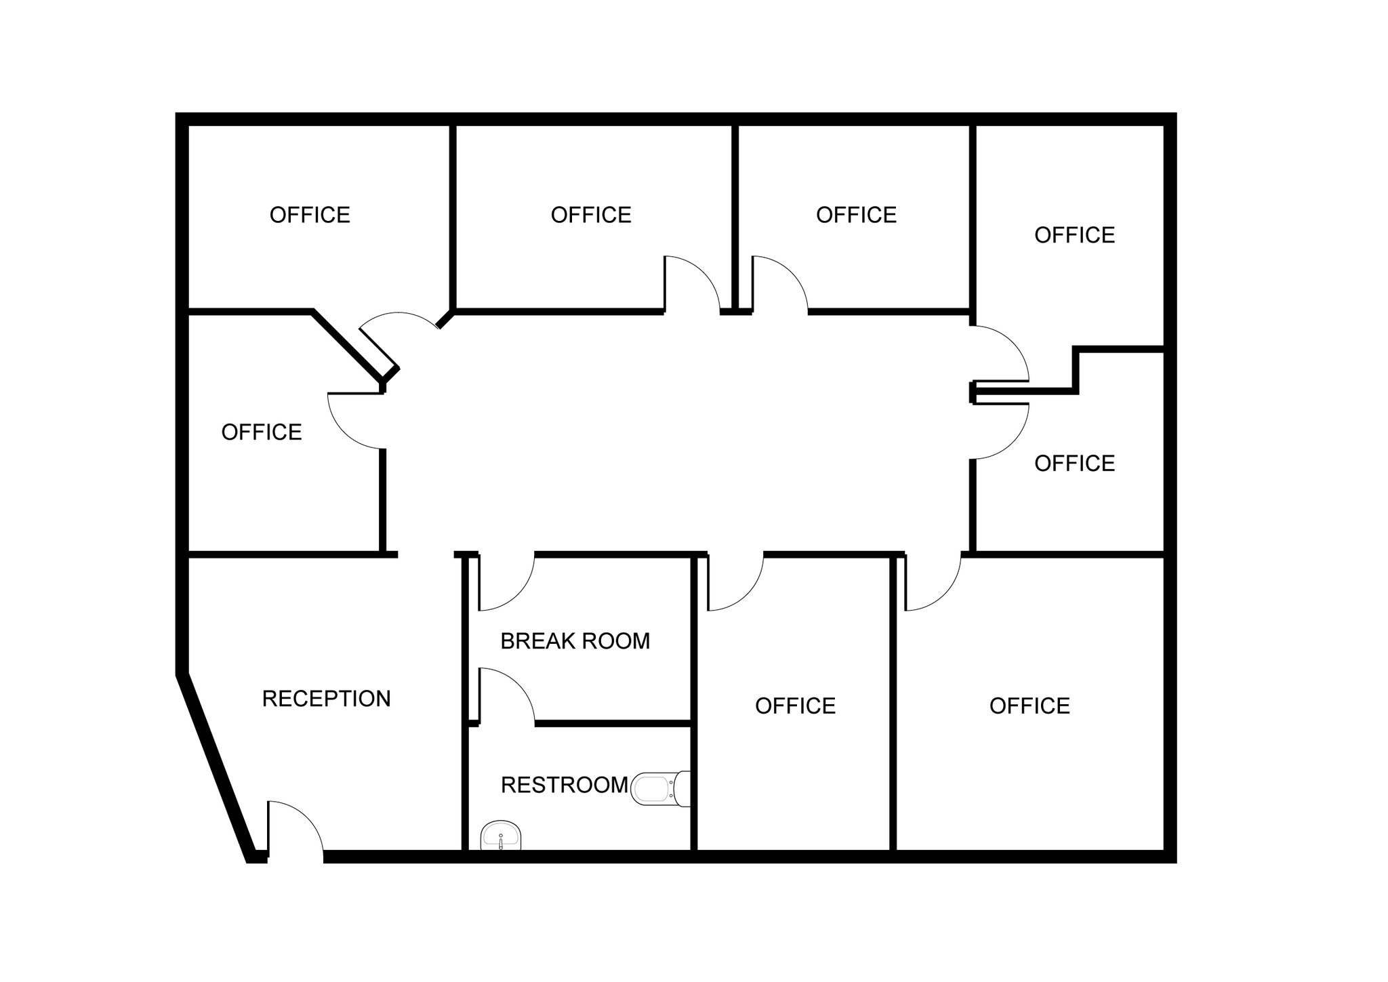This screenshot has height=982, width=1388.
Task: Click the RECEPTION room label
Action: click(x=326, y=698)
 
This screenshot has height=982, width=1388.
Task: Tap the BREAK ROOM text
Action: click(x=575, y=640)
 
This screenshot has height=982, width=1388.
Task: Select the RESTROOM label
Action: click(x=565, y=785)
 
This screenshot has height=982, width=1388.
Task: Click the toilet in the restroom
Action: click(x=661, y=789)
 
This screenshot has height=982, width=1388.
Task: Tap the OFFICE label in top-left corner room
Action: click(x=310, y=215)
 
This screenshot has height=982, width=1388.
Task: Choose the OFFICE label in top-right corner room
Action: click(x=1074, y=235)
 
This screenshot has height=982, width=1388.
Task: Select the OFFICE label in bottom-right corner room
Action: click(x=1029, y=706)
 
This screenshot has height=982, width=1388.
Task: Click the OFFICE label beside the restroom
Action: click(x=795, y=706)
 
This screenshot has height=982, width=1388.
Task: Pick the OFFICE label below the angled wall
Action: click(x=262, y=432)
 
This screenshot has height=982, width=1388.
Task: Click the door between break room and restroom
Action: click(x=507, y=695)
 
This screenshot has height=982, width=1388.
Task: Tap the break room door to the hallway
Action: click(x=506, y=582)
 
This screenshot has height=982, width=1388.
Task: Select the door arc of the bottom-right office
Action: click(x=933, y=582)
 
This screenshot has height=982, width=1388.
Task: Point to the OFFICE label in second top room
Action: click(x=591, y=215)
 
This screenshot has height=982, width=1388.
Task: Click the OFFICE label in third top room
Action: click(x=856, y=215)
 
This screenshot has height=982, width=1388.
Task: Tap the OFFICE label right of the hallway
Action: click(x=1074, y=464)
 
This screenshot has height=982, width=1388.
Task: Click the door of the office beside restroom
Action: click(x=735, y=582)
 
